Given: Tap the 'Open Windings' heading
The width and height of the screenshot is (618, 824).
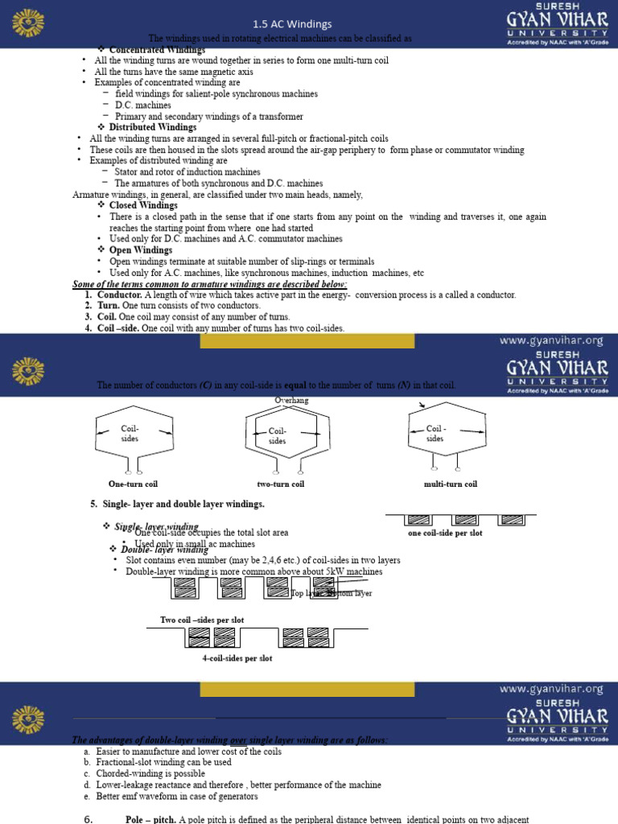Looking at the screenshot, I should point(141,250).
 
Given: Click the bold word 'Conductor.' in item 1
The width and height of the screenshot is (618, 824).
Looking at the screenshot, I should point(119,295).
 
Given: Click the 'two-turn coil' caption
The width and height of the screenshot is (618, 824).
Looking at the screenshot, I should point(280,484).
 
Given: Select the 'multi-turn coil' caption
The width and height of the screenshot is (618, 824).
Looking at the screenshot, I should point(450,484).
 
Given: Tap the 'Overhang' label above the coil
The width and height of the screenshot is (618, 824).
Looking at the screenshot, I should point(291,400).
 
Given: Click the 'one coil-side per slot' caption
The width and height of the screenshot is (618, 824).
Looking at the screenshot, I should point(445,533).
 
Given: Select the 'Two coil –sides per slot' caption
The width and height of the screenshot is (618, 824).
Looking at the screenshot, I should point(202,620).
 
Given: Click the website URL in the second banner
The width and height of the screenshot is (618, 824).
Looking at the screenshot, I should point(550,340).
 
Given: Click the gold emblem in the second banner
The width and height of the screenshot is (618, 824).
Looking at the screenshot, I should point(32,371).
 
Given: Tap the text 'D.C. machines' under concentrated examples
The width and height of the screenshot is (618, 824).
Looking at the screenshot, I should point(142,105).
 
